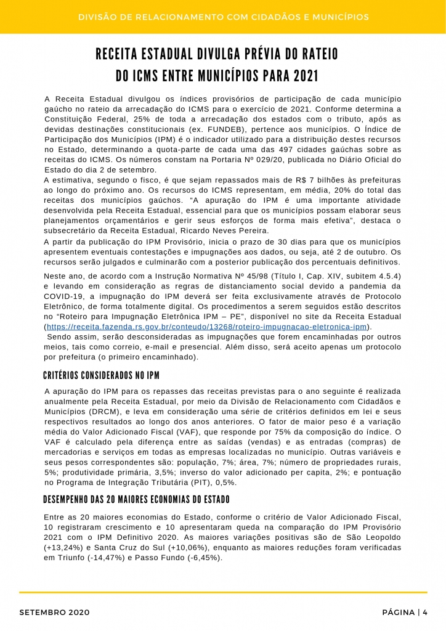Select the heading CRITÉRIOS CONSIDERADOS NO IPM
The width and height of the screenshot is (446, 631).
(x=102, y=375)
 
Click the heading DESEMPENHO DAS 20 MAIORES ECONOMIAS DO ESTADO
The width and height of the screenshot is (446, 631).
(x=136, y=499)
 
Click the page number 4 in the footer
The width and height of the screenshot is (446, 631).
(x=425, y=612)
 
